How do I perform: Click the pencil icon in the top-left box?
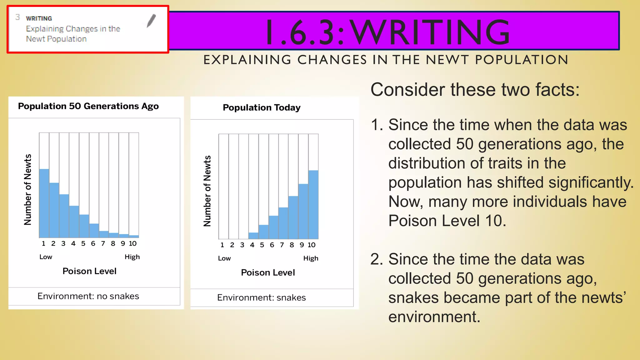[151, 21]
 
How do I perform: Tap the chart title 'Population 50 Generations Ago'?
[88, 106]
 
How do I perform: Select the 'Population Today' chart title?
[262, 107]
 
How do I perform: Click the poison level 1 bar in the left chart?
[44, 203]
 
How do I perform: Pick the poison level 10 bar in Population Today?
[313, 205]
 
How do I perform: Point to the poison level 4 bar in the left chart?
[74, 222]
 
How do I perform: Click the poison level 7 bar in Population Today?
[283, 223]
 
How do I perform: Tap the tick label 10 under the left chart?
[133, 243]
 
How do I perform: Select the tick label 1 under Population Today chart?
[222, 245]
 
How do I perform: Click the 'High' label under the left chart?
[132, 257]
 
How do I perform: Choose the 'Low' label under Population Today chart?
[224, 258]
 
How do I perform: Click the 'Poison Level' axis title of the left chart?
[89, 271]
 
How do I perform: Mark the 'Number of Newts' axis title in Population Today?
[207, 191]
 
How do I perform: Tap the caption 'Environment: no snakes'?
[88, 296]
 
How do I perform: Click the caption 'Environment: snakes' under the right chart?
[262, 297]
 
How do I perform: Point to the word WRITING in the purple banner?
[430, 32]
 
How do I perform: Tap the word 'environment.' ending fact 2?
[434, 317]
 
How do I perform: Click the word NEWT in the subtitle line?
[447, 60]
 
